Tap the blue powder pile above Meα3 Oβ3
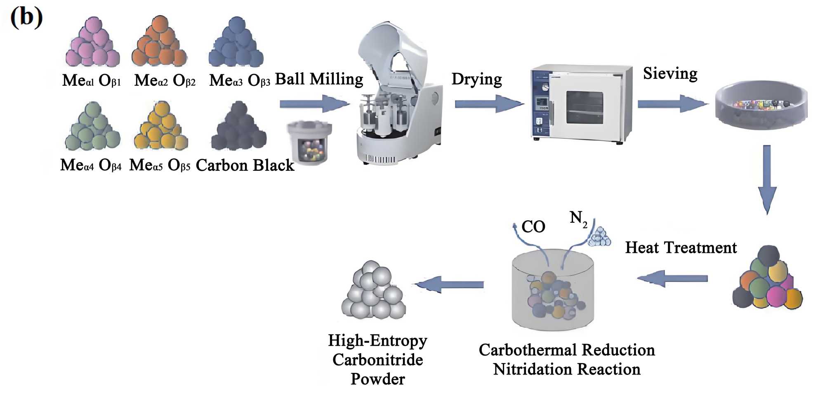[x=236, y=43]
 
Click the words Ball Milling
[x=319, y=79]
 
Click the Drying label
[x=476, y=79]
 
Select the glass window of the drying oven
[x=585, y=107]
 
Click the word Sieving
[x=670, y=73]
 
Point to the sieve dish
[x=761, y=105]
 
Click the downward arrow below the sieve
[x=767, y=179]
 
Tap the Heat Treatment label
[x=681, y=247]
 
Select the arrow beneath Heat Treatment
[x=672, y=279]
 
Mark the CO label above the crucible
[x=533, y=226]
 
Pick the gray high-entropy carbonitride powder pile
[x=373, y=291]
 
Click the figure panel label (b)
[x=26, y=17]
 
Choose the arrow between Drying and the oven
[x=489, y=104]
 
